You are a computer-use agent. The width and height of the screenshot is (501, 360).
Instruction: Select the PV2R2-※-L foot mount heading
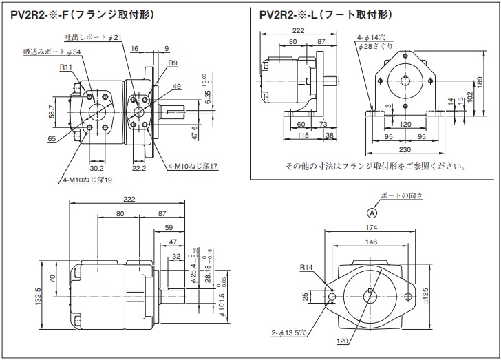point(326,14)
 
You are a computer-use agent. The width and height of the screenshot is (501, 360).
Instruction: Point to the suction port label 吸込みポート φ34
point(51,52)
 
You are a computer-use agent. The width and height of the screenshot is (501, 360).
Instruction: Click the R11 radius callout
point(66,67)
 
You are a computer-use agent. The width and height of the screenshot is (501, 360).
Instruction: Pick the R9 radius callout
point(173,63)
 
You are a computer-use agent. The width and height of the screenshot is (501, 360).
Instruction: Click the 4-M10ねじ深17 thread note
point(193,166)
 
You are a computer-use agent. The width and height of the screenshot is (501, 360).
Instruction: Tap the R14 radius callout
point(306,268)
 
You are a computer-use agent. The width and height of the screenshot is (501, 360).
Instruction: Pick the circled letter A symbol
point(372,213)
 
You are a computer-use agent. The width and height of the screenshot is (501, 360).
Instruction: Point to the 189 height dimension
point(479,82)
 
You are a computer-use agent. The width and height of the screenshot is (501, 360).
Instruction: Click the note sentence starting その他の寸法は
point(376,167)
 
